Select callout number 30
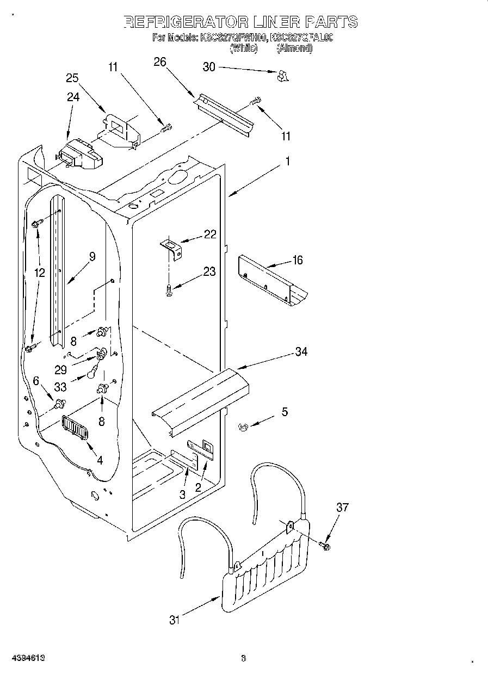click(209, 67)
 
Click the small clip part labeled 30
click(281, 77)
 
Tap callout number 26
click(159, 62)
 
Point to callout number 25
click(72, 78)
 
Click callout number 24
click(73, 97)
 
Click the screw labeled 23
click(169, 290)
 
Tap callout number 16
click(297, 260)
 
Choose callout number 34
click(301, 352)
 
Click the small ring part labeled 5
click(244, 428)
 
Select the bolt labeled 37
click(325, 545)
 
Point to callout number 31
click(174, 620)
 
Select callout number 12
click(39, 273)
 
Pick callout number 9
click(92, 257)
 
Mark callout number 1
click(287, 162)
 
